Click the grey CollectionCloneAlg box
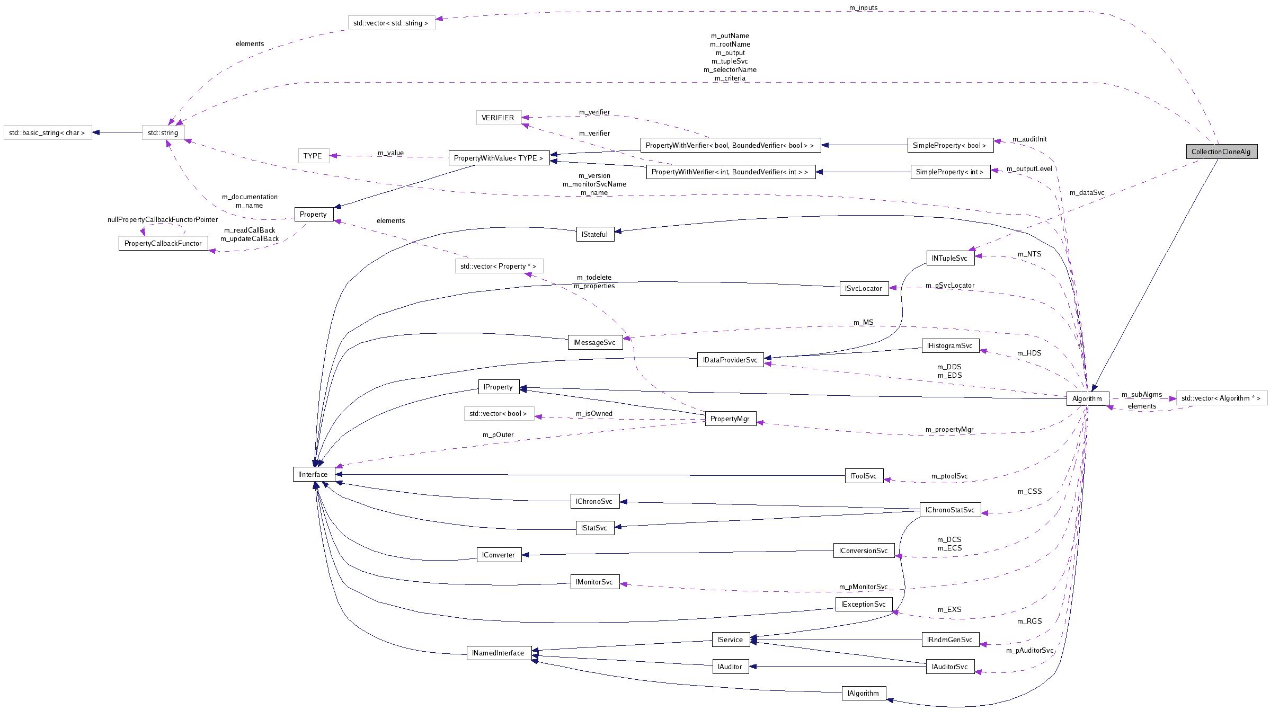click(x=1221, y=152)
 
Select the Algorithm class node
click(x=1087, y=398)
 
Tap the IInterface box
click(x=313, y=474)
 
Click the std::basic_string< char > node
click(x=47, y=132)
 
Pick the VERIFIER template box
click(x=498, y=118)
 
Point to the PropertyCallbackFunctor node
click(x=163, y=243)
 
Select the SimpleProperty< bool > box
click(x=949, y=145)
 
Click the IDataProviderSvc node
click(x=730, y=360)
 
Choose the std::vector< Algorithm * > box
click(x=1221, y=398)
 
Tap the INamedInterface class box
click(x=498, y=653)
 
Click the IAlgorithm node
click(x=863, y=693)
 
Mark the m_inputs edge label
click(x=863, y=7)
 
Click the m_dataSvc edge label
click(x=1087, y=192)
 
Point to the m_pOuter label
click(x=498, y=434)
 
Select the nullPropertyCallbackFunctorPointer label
click(x=163, y=219)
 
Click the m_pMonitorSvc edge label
click(x=863, y=587)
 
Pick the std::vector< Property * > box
click(x=498, y=266)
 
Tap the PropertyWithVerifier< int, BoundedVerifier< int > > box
click(x=730, y=172)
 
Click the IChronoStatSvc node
click(x=949, y=510)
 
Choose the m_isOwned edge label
click(x=594, y=413)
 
